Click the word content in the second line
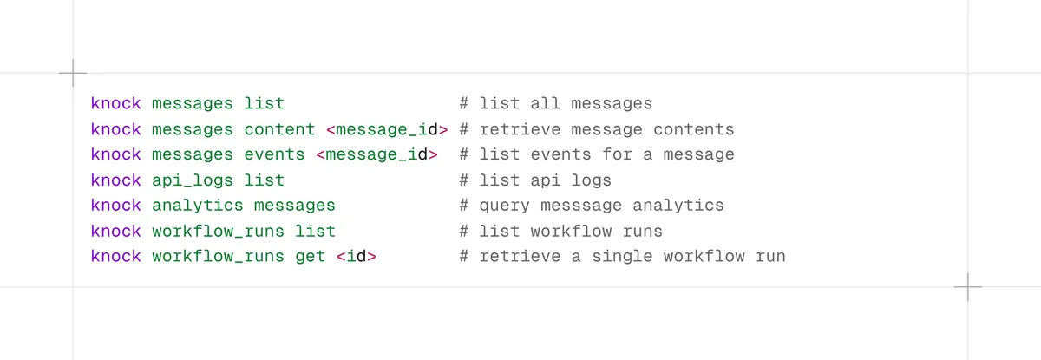279,129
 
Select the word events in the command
274,154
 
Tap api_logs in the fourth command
192,180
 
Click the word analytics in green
197,206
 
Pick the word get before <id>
310,257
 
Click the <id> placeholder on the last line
356,256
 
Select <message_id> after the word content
387,129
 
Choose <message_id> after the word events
376,154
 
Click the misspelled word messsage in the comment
581,206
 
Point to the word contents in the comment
693,129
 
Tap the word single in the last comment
622,257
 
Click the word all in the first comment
545,103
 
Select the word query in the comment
504,206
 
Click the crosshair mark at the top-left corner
73,73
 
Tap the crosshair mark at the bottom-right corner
968,287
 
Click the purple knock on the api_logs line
115,180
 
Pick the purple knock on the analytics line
115,206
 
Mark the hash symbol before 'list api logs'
464,180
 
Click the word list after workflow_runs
315,231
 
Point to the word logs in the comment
591,180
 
